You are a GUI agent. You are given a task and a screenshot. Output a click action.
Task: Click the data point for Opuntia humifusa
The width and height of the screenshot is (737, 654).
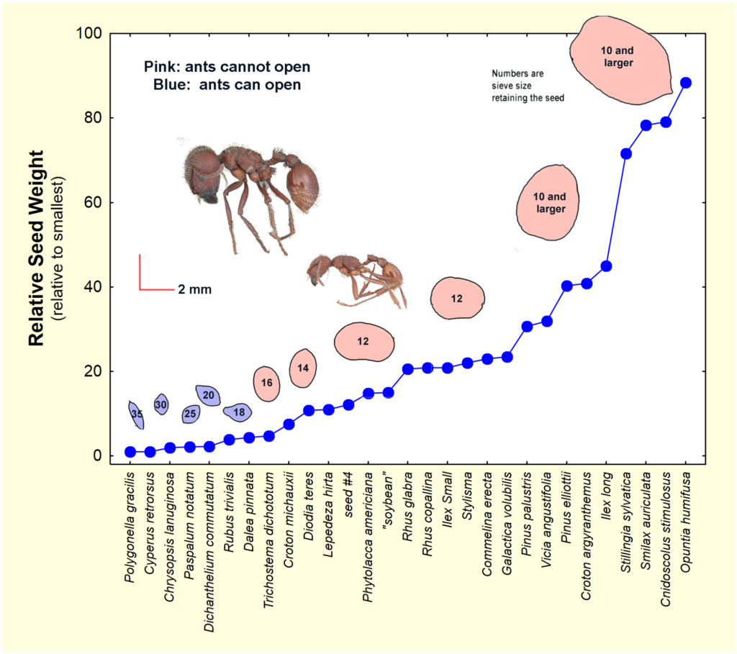[x=686, y=83]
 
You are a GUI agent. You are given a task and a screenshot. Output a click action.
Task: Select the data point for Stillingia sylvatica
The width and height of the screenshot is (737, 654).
[x=626, y=153]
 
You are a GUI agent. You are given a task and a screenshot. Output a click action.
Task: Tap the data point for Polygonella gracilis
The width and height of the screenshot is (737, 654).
[x=130, y=452]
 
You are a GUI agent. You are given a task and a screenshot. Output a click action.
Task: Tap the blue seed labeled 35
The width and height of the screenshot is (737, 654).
[x=136, y=414]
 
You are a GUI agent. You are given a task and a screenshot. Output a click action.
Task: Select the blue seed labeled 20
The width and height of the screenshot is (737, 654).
[x=208, y=395]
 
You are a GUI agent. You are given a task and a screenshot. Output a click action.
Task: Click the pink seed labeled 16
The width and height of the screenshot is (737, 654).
[x=266, y=383]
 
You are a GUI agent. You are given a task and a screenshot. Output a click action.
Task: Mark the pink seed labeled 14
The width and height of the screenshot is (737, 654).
[x=303, y=368]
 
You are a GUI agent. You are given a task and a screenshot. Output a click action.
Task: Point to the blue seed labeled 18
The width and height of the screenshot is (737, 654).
[x=238, y=412]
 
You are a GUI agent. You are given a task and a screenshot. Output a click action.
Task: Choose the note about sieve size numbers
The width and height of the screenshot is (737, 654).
[x=528, y=85]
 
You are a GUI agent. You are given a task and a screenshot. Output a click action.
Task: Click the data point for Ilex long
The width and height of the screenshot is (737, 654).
[x=606, y=266]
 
